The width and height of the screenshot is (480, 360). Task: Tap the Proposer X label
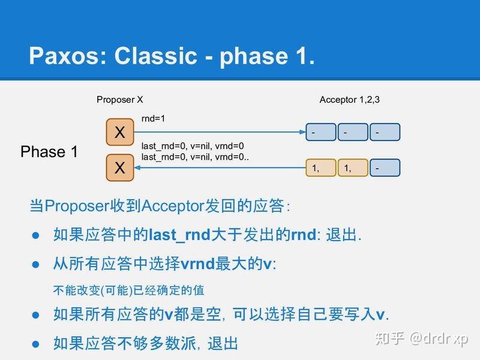coord(119,100)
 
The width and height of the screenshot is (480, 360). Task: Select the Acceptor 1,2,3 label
coord(349,100)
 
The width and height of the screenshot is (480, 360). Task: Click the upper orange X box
coord(120,132)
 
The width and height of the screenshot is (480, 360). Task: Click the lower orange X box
coord(120,168)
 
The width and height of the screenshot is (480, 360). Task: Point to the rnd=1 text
coord(153,119)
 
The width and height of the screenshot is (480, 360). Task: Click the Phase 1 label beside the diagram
coord(49,152)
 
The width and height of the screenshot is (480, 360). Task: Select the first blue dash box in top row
coord(320,132)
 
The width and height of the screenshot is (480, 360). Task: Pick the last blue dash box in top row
coord(385,132)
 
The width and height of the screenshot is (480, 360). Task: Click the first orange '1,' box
coord(320,169)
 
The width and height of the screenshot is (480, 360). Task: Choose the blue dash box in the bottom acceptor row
coord(385,169)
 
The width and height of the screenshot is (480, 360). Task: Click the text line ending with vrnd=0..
coord(192,146)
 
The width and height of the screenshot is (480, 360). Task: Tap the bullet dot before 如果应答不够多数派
coord(35,344)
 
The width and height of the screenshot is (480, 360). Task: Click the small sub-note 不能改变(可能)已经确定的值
coord(128,290)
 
